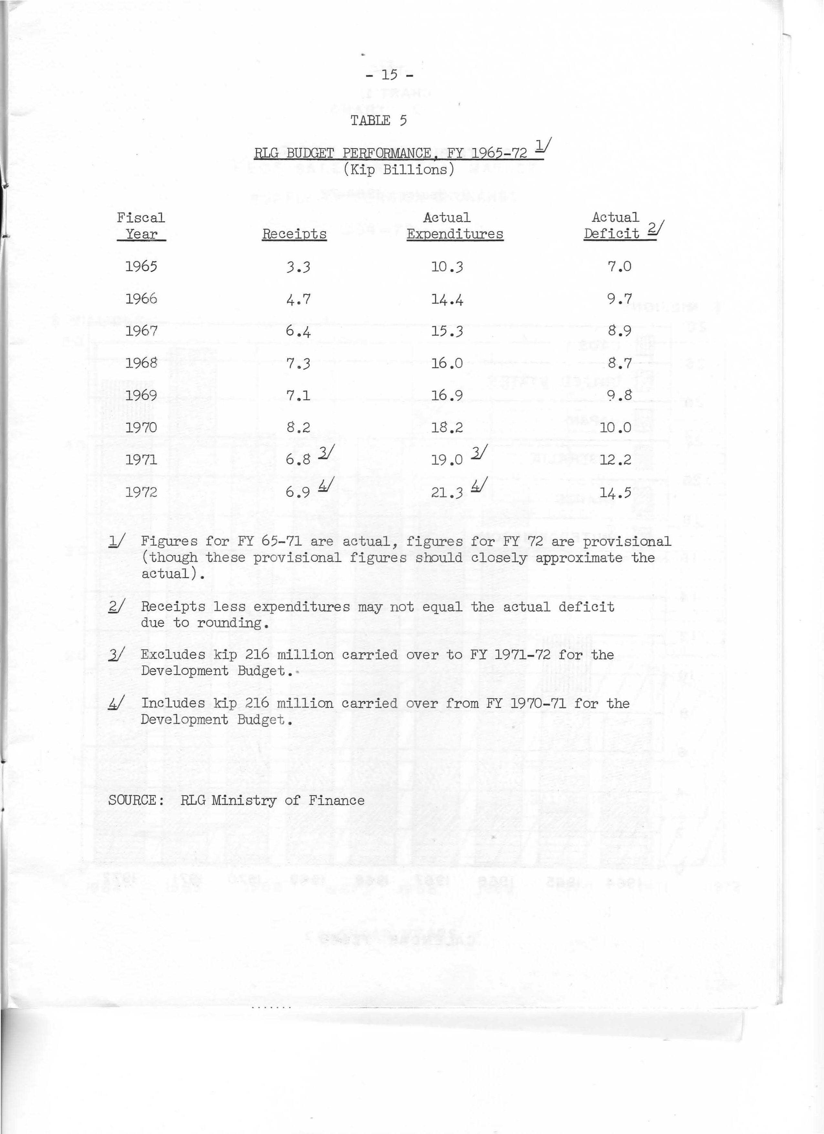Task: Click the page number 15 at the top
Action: pos(389,75)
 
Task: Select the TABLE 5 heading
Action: pos(378,121)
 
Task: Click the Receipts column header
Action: pos(294,234)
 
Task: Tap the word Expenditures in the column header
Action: pos(455,234)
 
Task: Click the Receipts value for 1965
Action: pos(298,267)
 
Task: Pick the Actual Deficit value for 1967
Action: pos(619,331)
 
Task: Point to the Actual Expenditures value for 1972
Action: pos(447,493)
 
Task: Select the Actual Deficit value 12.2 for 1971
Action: pos(616,460)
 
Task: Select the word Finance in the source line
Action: pos(336,800)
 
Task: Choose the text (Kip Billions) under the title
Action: pos(399,170)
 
